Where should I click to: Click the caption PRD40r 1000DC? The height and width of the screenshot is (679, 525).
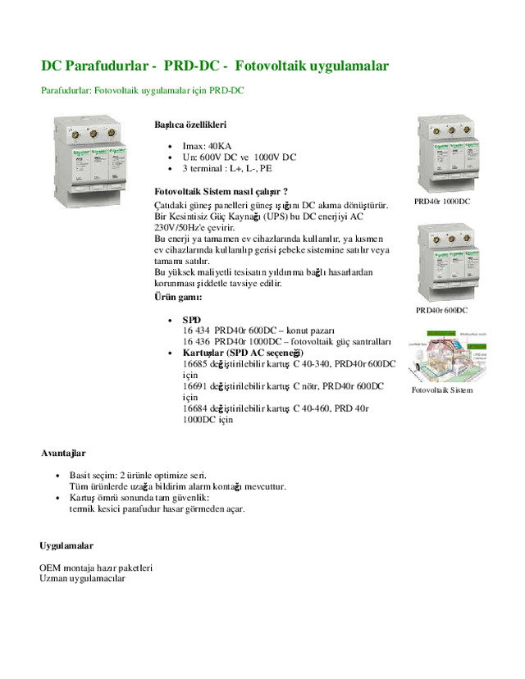[442, 201]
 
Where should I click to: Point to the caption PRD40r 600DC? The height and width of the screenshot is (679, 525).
[441, 310]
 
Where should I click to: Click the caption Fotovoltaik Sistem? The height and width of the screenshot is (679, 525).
[442, 390]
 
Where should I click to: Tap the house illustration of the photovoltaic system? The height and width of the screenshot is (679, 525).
[442, 355]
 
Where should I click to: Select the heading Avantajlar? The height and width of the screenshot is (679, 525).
[63, 453]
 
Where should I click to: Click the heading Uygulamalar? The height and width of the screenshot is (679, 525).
[66, 545]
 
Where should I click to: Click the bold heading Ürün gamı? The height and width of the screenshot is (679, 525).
[177, 296]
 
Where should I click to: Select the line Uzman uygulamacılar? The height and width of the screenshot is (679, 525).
[82, 577]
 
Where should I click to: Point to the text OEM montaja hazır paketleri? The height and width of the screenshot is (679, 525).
[96, 567]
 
